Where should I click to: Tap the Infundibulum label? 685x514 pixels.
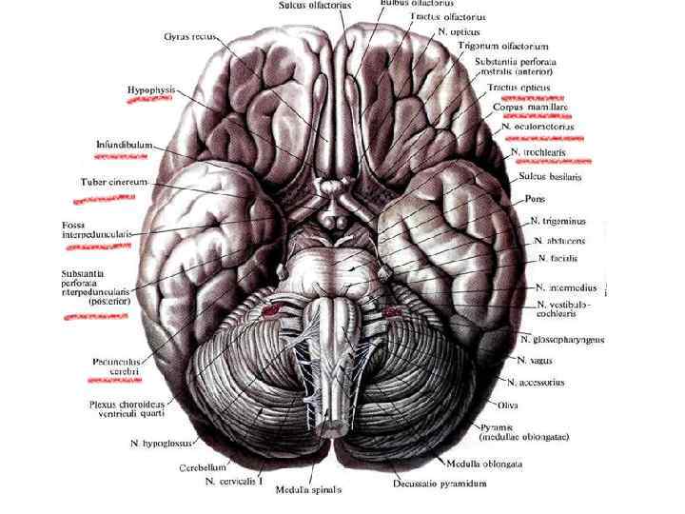[126, 146]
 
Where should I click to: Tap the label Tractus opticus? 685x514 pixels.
[519, 88]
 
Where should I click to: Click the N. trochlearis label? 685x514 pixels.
[539, 152]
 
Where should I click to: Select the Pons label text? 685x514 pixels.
[535, 200]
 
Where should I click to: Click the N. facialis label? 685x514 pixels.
[558, 258]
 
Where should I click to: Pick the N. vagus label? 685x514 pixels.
[535, 361]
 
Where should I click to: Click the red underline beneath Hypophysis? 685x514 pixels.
[149, 102]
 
